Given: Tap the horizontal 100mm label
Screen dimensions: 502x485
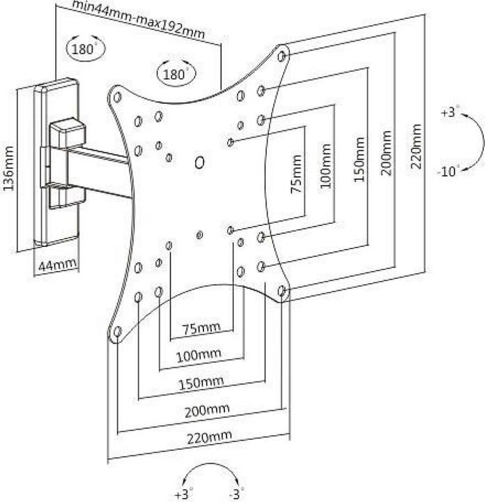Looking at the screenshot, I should coord(198,355).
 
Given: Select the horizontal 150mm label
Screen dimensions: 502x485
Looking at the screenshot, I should coord(201,382).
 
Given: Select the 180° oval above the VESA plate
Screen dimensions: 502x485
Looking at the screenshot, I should coord(176,73).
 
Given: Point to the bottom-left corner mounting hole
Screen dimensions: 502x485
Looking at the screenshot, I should coord(118,331).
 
